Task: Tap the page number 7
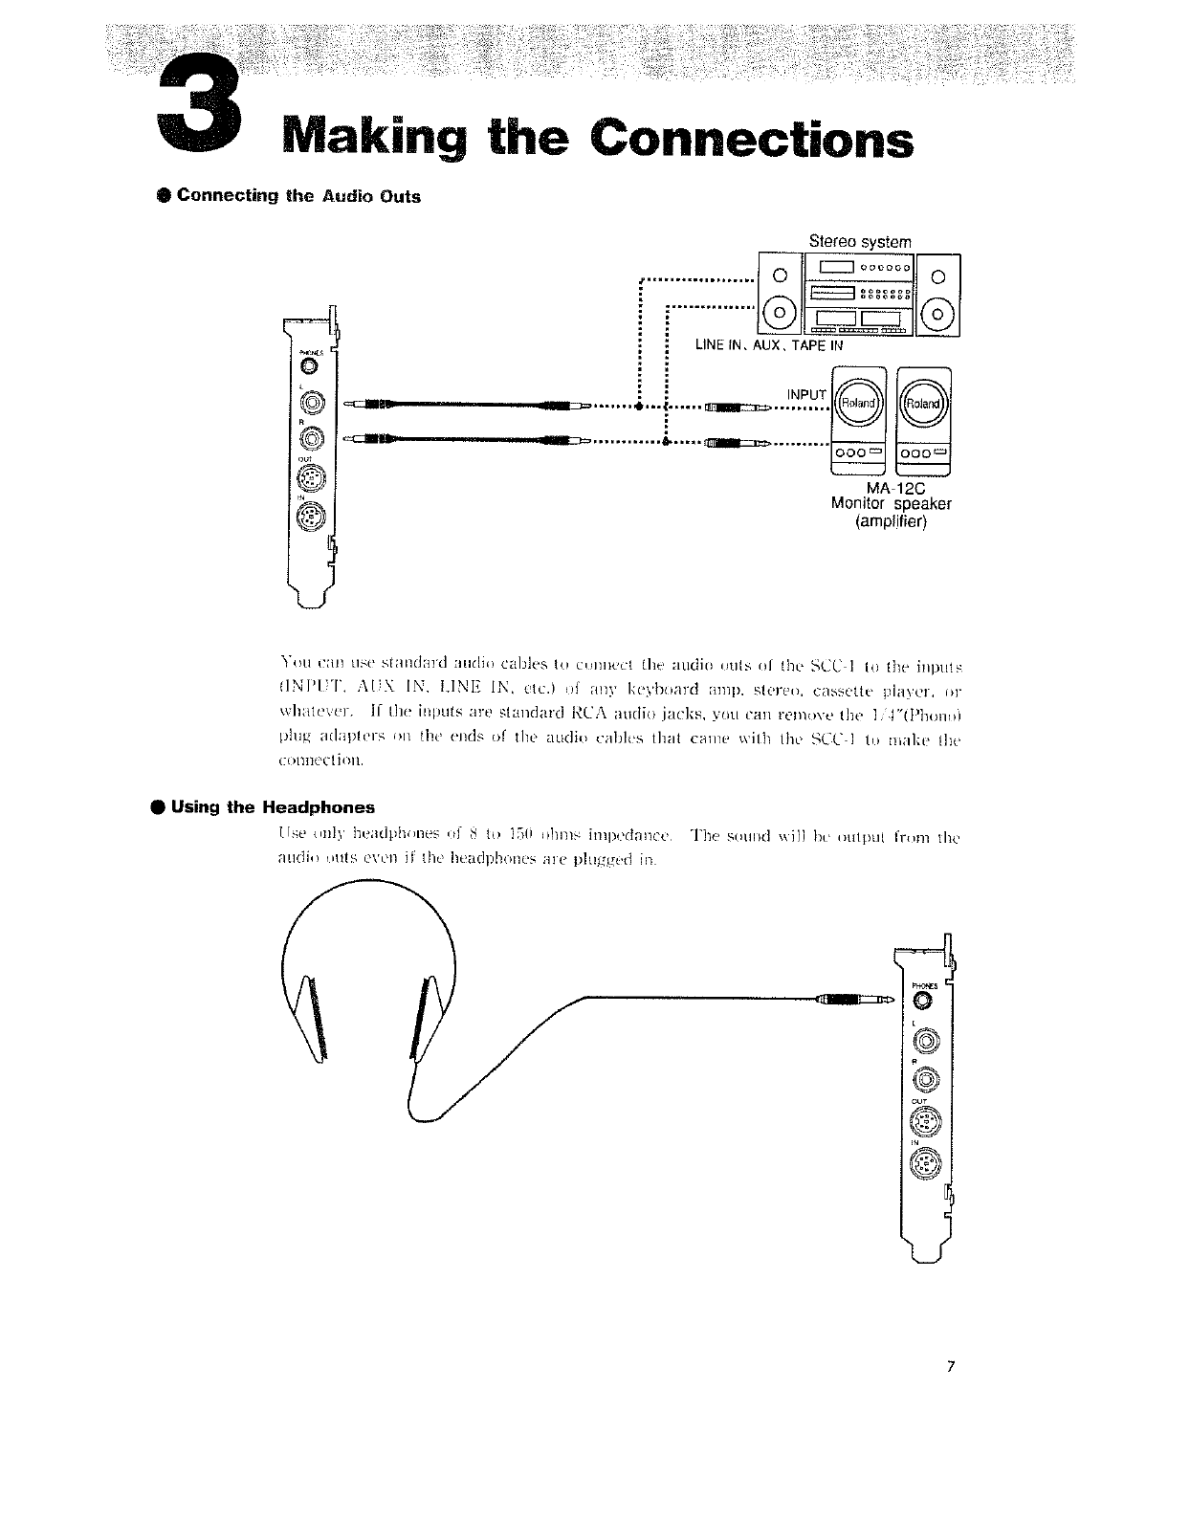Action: pyautogui.click(x=951, y=1365)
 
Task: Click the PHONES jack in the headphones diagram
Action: pyautogui.click(x=922, y=1001)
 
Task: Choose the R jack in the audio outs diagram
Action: pyautogui.click(x=315, y=439)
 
